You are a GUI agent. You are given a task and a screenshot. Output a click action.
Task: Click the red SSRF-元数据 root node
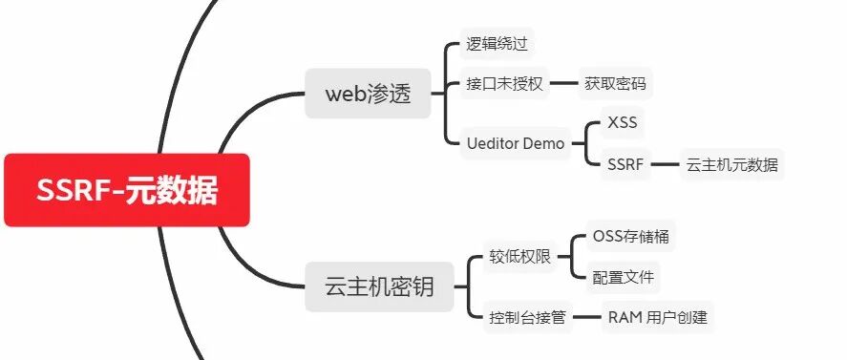(x=127, y=191)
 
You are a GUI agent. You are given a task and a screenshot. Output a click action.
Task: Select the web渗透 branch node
(x=368, y=94)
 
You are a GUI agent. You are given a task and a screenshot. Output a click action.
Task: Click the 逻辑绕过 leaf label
(x=497, y=44)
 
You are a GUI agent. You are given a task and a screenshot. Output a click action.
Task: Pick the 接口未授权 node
(x=504, y=84)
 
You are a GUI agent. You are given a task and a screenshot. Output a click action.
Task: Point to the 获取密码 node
(x=615, y=84)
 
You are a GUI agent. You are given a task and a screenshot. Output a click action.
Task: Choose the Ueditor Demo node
(x=516, y=144)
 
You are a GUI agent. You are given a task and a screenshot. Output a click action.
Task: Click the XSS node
(x=622, y=124)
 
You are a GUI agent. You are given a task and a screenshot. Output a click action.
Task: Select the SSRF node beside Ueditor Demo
(x=625, y=164)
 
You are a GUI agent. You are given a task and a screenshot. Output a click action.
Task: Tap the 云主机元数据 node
(x=731, y=164)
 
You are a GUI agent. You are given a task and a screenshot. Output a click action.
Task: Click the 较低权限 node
(x=520, y=257)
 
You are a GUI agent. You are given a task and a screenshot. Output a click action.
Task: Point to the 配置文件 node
(x=623, y=277)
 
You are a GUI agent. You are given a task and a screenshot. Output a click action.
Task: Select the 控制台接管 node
(x=527, y=317)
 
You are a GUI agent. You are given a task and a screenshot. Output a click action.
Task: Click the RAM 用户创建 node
(x=657, y=317)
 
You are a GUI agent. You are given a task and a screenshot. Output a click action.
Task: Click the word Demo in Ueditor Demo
(x=542, y=144)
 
